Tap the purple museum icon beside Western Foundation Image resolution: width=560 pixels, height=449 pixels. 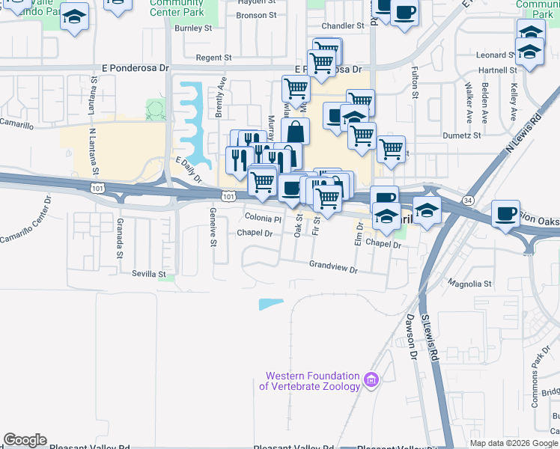pos(371,381)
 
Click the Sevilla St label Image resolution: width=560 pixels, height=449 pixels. pos(150,275)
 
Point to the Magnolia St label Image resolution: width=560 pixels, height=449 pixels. pos(469,284)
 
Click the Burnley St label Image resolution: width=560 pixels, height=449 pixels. pos(194,28)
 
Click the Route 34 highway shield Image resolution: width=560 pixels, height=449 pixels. pos(468,201)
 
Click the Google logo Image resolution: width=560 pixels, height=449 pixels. pos(25,440)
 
